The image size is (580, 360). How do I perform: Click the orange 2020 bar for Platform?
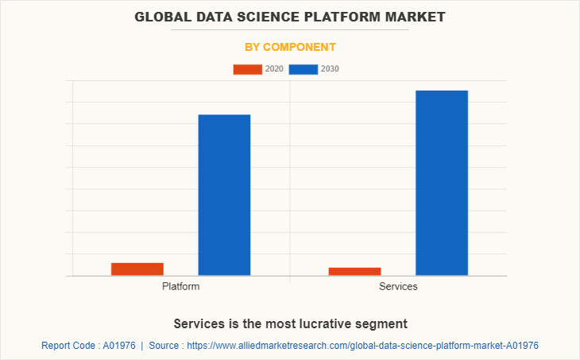137,269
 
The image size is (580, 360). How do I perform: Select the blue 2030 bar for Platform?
224,195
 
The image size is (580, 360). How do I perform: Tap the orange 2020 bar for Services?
354,272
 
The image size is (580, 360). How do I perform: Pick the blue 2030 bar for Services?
442,183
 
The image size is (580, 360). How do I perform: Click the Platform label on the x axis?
180,286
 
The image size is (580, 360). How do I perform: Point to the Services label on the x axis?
398,286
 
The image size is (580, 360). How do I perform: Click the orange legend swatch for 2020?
247,69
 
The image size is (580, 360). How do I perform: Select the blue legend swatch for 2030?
303,69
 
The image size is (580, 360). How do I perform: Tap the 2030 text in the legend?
330,69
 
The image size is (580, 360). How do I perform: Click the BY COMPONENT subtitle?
290,47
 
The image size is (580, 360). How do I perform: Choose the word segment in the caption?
383,323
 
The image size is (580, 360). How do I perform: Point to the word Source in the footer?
164,346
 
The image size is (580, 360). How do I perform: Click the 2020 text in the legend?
274,69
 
